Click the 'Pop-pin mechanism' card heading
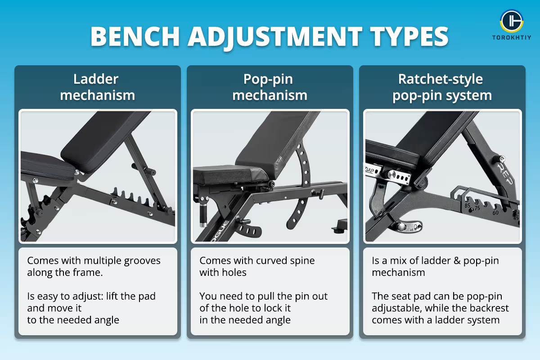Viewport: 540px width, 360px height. [x=270, y=87]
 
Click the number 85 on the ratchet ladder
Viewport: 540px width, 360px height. [x=468, y=206]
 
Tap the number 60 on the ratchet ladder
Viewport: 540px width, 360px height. [x=495, y=212]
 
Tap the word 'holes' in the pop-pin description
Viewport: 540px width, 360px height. [x=232, y=272]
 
